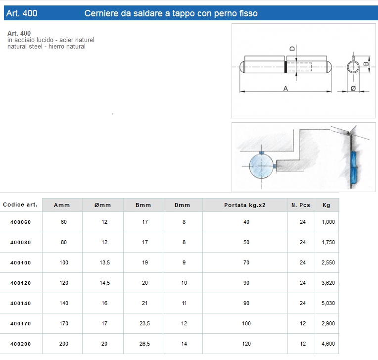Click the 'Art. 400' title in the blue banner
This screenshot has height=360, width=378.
coord(22,13)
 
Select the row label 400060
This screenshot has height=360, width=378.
coord(21,222)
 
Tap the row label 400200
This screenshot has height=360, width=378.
coord(21,344)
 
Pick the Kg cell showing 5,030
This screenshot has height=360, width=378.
coord(328,303)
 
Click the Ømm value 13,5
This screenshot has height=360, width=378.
coord(104,262)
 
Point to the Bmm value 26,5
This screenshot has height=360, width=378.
coord(144,344)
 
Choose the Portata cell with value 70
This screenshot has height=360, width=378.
coord(246,262)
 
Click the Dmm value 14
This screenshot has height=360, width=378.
coord(184,344)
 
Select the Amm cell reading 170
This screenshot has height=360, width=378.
coord(64,323)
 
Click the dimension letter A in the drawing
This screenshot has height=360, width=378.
coord(285,88)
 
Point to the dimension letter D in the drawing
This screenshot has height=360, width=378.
coord(292,49)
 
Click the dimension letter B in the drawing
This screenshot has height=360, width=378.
coord(366,63)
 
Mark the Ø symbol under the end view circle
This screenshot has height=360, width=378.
coord(353,88)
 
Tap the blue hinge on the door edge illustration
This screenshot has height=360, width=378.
coord(353,167)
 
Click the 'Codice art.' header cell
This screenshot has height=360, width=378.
coord(20,205)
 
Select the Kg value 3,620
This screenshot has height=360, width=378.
coord(328,283)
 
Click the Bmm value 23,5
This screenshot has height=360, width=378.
coord(144,323)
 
